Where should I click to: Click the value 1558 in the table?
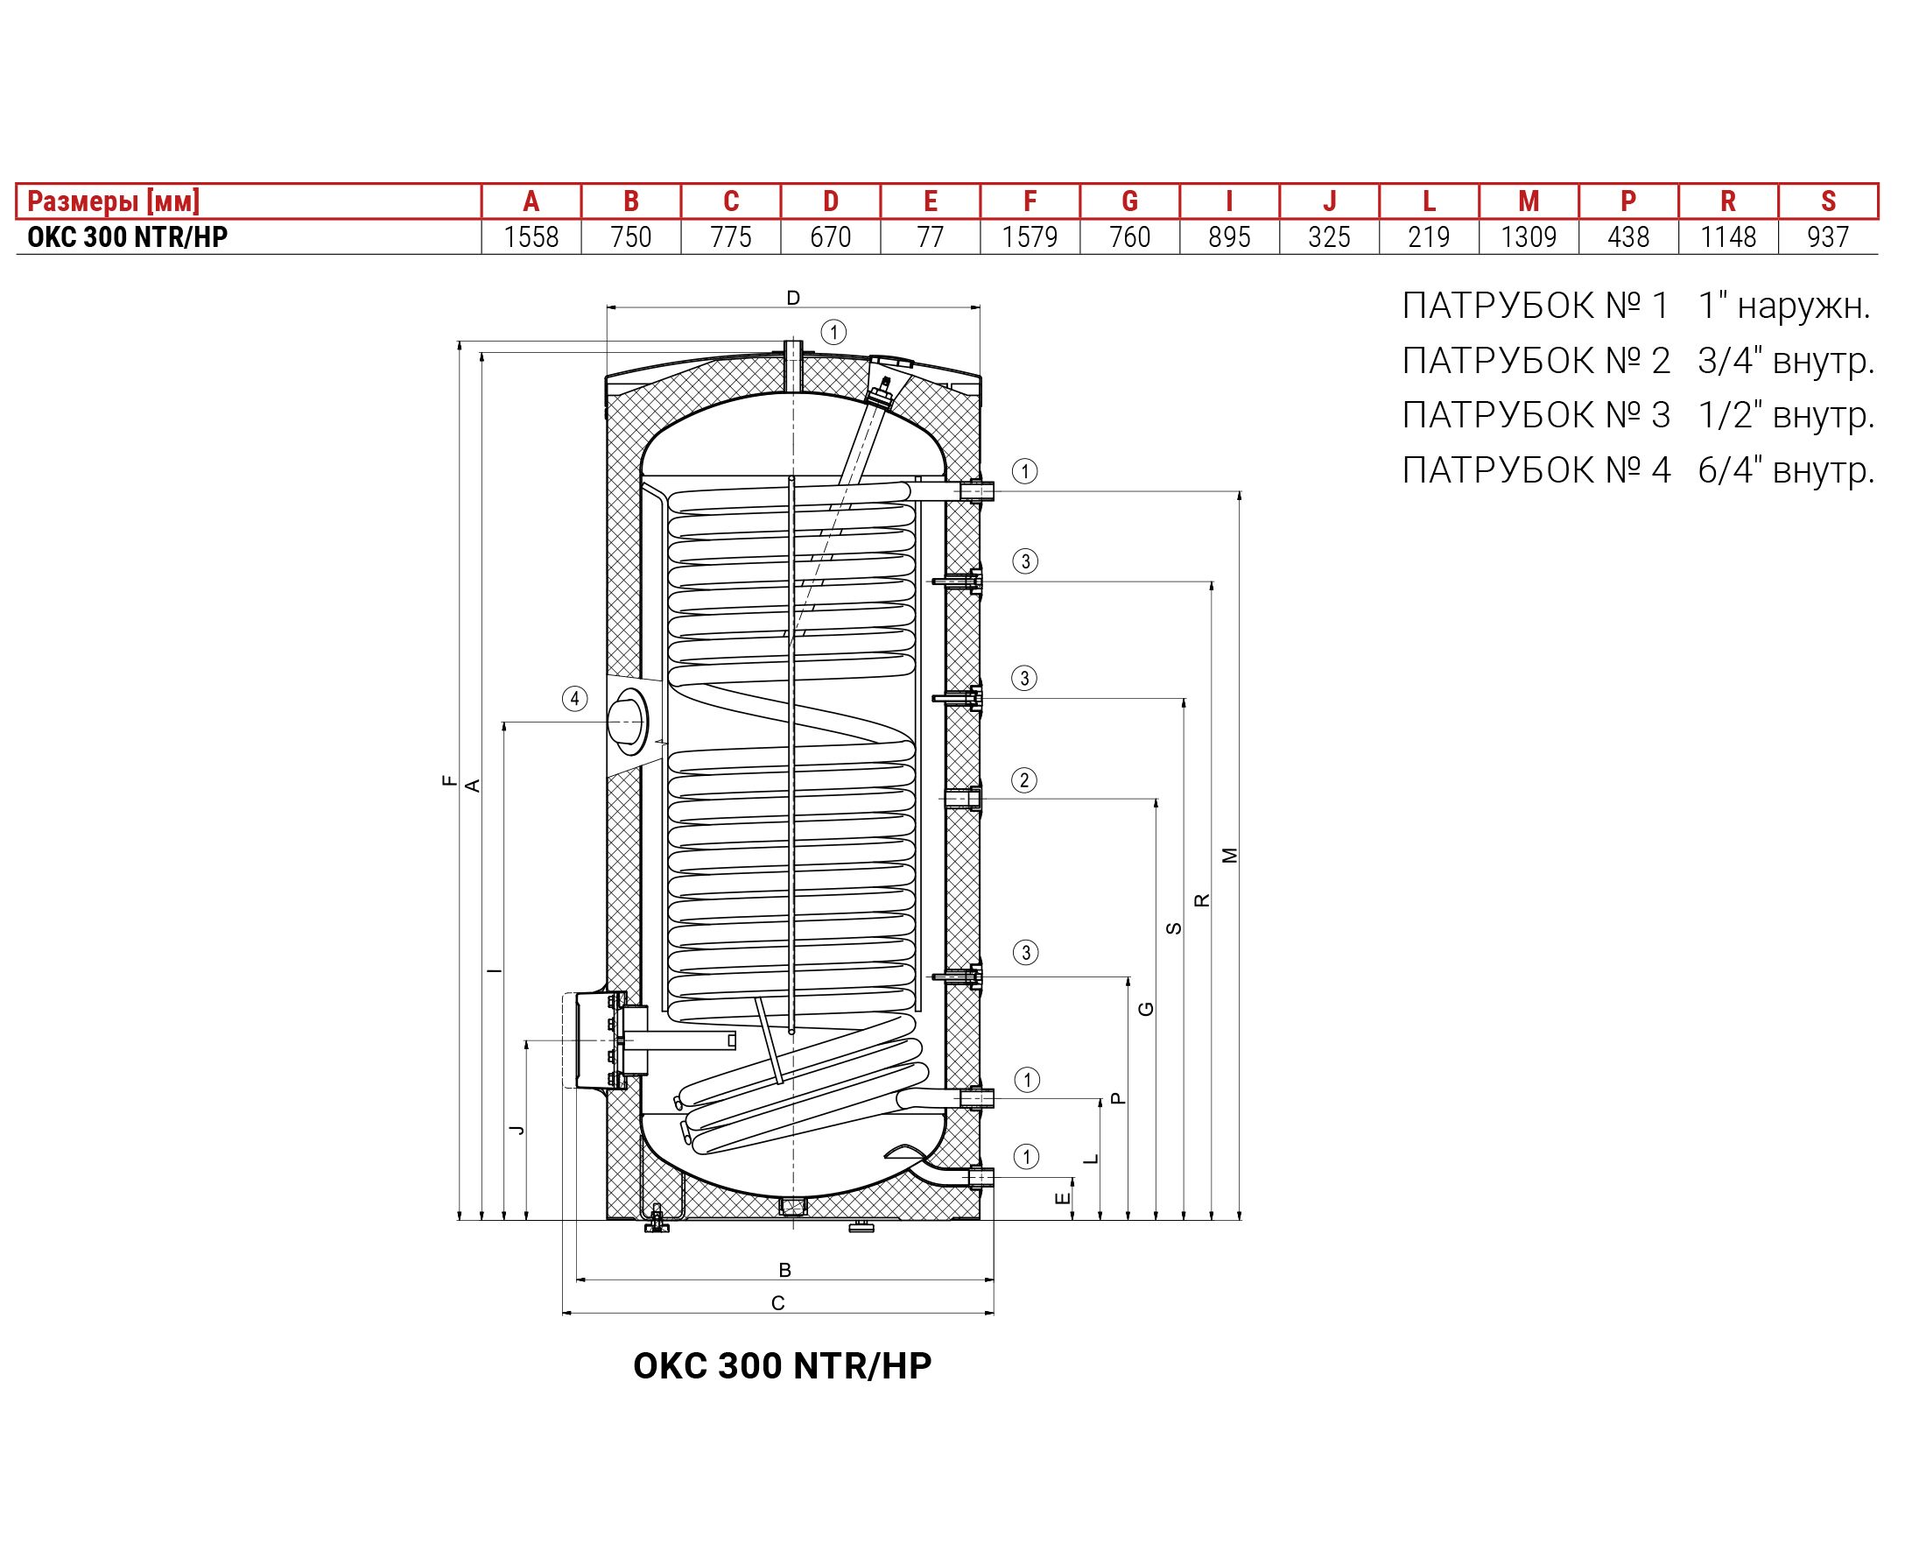click(x=531, y=237)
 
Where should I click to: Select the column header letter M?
click(x=1529, y=201)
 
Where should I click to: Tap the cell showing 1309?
click(x=1529, y=237)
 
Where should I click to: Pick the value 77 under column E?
click(x=930, y=237)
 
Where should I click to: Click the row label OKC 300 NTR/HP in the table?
click(x=127, y=237)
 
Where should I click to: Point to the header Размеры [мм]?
click(x=114, y=201)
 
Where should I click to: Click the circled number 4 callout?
click(x=575, y=699)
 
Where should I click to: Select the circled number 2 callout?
click(x=1023, y=779)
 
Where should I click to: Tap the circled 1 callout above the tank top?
click(x=833, y=333)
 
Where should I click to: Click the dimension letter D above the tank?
click(x=793, y=299)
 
